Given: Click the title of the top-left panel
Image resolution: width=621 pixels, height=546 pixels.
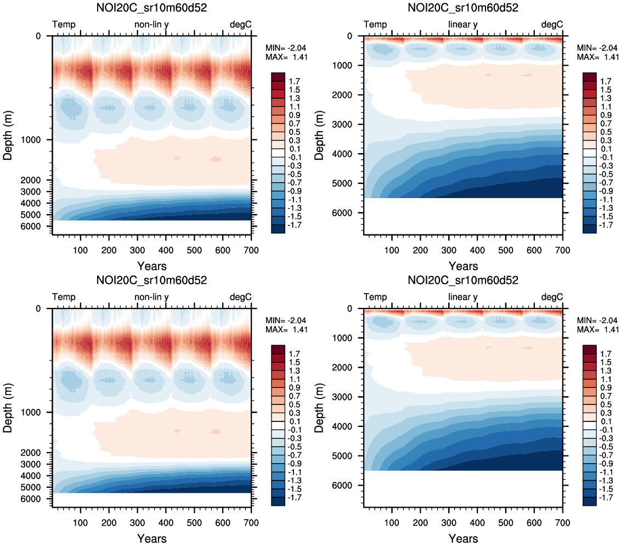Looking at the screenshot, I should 152,8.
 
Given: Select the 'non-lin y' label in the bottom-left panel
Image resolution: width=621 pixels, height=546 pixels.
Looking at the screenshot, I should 152,297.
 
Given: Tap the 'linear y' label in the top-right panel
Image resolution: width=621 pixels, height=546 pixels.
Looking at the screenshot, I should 463,25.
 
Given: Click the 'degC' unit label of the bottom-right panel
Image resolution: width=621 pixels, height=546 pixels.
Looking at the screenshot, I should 552,297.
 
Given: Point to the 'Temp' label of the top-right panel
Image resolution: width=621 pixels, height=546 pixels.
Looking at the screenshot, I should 375,25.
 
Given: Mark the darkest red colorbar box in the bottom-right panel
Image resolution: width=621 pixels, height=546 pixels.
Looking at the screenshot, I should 590,349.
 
